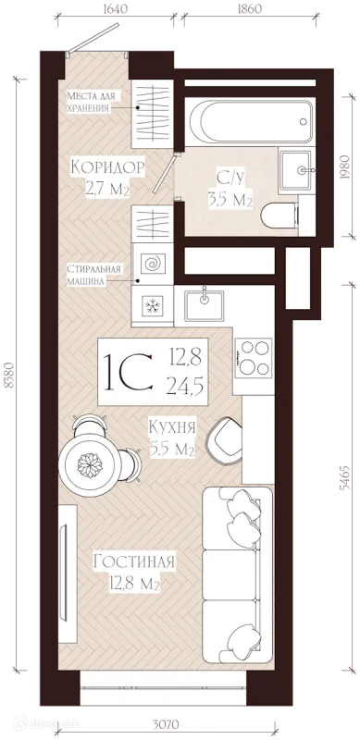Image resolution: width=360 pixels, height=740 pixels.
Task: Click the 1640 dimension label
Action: click(115, 9)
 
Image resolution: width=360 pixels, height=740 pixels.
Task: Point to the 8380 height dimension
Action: click(7, 376)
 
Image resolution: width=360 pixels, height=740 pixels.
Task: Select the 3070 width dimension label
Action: click(165, 723)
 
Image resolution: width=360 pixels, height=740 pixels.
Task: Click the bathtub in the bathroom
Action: click(251, 121)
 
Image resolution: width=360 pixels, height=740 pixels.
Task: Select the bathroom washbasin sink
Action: click(296, 170)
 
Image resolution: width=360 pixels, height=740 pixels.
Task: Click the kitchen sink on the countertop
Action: click(205, 304)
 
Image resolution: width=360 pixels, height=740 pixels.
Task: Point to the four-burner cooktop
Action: click(254, 357)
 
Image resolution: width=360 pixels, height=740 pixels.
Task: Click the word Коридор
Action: click(106, 167)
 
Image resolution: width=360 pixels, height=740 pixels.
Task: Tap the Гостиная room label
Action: click(134, 561)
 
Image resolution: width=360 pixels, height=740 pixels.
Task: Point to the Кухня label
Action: click(172, 427)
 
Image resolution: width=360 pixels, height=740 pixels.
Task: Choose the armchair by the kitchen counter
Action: click(226, 440)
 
